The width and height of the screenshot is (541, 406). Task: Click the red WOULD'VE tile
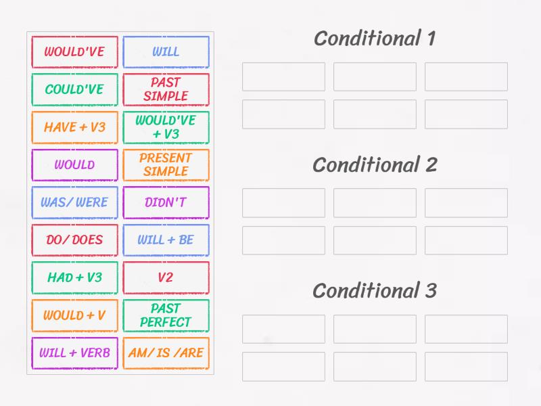tap(74, 51)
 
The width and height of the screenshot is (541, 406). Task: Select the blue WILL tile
tap(166, 51)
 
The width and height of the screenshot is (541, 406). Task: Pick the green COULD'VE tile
tap(74, 89)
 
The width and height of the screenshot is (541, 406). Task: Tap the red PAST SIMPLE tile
tap(166, 89)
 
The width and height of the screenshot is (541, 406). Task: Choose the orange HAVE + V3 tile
tap(74, 127)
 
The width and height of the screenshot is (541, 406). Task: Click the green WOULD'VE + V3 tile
tap(166, 127)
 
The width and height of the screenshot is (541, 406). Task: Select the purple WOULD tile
tap(74, 164)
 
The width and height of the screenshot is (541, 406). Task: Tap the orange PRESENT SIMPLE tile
tap(166, 164)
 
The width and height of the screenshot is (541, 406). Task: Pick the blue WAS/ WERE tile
tap(74, 202)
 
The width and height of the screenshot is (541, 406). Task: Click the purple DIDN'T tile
tap(166, 202)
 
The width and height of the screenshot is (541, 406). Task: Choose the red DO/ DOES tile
tap(74, 240)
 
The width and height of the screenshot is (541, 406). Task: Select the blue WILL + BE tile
tap(166, 240)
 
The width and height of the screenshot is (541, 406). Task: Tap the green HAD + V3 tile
tap(74, 277)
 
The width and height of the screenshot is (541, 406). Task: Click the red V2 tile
tap(166, 277)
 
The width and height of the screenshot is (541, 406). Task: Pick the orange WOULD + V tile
tap(74, 315)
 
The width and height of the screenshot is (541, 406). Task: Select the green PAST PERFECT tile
tap(166, 315)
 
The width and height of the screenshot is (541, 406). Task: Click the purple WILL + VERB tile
tap(74, 353)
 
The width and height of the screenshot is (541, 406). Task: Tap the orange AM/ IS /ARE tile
tap(166, 353)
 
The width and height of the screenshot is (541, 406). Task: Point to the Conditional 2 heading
tap(375, 164)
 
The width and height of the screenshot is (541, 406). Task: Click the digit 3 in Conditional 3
tap(430, 291)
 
